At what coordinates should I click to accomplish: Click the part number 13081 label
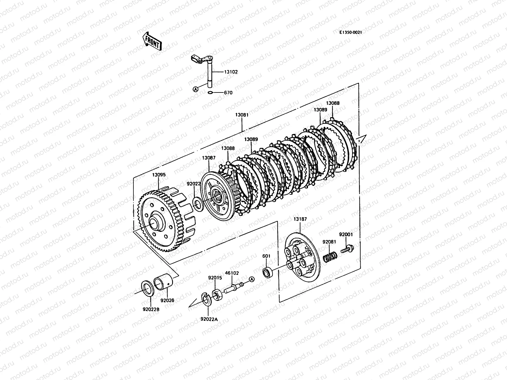tap(241, 115)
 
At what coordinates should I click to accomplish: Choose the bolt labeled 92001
tap(347, 249)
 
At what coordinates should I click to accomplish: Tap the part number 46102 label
tap(232, 273)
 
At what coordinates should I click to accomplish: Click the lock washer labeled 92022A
tap(206, 299)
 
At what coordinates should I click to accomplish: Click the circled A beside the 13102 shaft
tap(196, 90)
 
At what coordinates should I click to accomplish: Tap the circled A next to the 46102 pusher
tap(252, 279)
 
